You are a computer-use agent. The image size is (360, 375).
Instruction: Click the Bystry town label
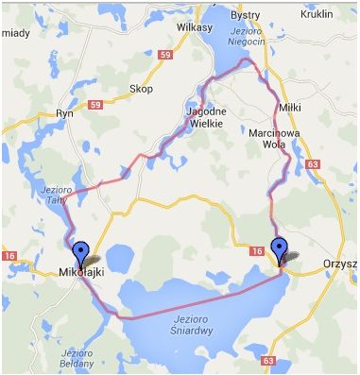[x=245, y=16]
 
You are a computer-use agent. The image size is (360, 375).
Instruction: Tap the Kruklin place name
[x=317, y=16]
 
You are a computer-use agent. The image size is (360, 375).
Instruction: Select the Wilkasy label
[x=194, y=27]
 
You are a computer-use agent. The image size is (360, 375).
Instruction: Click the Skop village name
[x=141, y=90]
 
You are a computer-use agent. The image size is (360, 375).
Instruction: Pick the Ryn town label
[x=64, y=112]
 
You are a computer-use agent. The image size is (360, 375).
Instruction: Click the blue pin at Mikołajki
[x=82, y=252]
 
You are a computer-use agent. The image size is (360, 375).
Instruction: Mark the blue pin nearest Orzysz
[x=279, y=248]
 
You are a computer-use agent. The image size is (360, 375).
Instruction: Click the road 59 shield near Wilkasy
[x=139, y=58]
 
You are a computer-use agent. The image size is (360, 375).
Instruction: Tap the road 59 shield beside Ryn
[x=95, y=104]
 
